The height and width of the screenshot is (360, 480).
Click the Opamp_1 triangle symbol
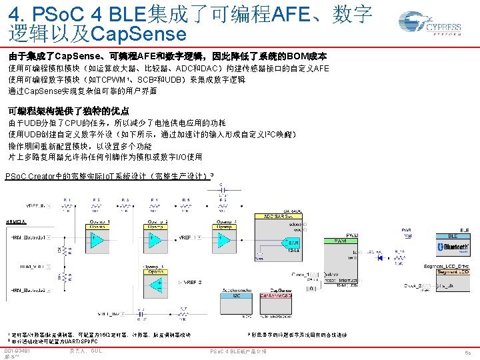click(x=97, y=237)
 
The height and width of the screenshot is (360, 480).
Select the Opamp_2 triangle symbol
click(x=159, y=237)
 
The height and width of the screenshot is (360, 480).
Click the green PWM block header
click(x=339, y=240)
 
